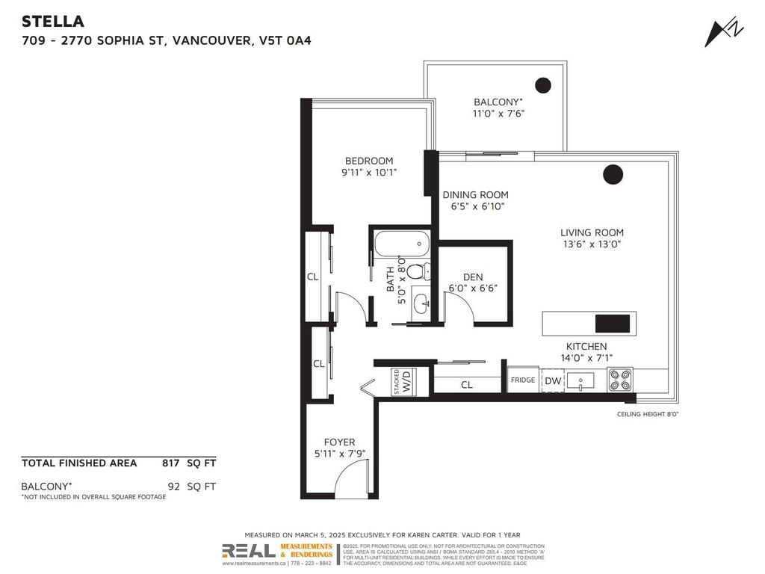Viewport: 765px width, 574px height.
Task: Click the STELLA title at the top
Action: click(x=53, y=21)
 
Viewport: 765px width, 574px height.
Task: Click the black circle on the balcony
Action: click(x=543, y=85)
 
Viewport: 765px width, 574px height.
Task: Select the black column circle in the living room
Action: click(x=613, y=174)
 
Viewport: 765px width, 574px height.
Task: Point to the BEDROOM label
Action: click(x=368, y=161)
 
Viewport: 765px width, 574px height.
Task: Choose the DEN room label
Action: click(x=472, y=277)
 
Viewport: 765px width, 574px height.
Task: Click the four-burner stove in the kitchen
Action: click(x=620, y=380)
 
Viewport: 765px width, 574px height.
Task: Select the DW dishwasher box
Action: click(x=553, y=381)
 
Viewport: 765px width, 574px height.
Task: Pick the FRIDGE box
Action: click(x=523, y=380)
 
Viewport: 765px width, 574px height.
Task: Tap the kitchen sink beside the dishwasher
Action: click(x=580, y=381)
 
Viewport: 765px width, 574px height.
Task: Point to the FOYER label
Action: click(x=339, y=442)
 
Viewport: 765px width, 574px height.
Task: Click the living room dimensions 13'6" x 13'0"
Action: click(x=593, y=244)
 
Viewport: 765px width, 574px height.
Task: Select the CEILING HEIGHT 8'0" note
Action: click(x=647, y=414)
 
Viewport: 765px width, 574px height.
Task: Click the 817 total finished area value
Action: click(x=171, y=463)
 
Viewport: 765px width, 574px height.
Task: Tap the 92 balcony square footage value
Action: click(x=174, y=486)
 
